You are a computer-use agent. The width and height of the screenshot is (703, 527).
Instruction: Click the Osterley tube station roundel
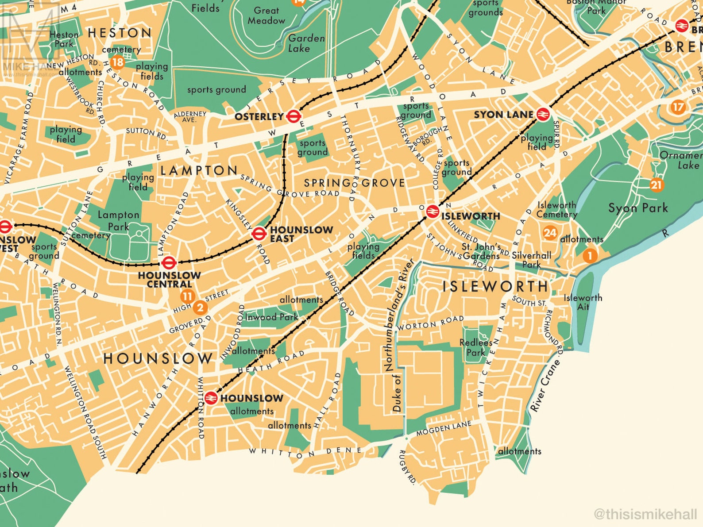point(293,116)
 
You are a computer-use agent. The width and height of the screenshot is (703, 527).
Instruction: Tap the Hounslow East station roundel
point(259,233)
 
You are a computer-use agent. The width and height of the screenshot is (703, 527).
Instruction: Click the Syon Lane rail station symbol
point(543,115)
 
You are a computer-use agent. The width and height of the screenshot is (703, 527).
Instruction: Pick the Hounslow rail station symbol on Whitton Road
point(210,398)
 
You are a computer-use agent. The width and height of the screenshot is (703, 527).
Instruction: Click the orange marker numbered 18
point(117,62)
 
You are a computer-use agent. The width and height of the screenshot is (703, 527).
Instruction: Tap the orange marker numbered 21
point(656,185)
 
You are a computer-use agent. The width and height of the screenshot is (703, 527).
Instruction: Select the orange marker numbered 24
point(550,233)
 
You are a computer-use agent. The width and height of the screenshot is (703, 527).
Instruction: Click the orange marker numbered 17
point(678,107)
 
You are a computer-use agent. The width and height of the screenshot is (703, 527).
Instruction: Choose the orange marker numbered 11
point(188,296)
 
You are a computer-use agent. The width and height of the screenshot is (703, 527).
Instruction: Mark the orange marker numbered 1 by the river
point(589,255)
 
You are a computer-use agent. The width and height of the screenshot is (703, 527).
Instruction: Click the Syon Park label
point(637,208)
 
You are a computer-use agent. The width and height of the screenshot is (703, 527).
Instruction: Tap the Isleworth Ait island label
point(583,302)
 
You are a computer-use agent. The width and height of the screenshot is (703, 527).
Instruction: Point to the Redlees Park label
point(476,347)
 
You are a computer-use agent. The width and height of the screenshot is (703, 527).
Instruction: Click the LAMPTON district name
point(199,170)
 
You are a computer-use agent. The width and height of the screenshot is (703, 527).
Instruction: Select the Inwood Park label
point(271,317)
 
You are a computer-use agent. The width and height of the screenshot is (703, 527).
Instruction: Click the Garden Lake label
point(306,43)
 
